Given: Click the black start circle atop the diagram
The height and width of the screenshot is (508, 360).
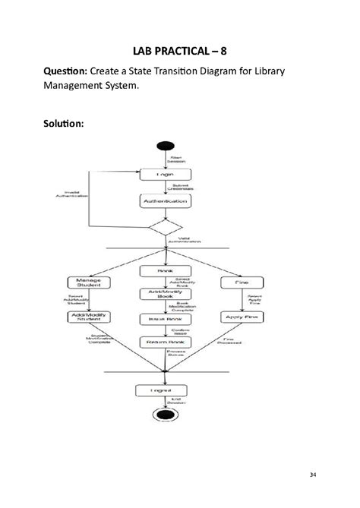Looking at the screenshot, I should [x=165, y=147].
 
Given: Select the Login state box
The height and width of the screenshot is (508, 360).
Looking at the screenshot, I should [x=165, y=174].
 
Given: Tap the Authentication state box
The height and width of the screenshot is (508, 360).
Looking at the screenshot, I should [x=165, y=201].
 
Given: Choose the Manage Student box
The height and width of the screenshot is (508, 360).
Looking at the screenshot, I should [x=90, y=282].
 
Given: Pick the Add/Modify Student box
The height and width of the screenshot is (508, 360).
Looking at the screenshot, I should [x=90, y=317].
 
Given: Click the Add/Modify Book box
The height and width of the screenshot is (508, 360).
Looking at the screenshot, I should [x=165, y=294].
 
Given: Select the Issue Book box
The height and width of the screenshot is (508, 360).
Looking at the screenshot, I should [x=165, y=320].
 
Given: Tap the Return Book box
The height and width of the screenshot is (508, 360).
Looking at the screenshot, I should [x=165, y=342].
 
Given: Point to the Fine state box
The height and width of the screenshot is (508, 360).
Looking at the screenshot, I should [x=241, y=282].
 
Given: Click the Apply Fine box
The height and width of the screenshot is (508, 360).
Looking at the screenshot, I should [x=241, y=317].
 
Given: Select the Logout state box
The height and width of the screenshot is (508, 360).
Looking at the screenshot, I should [x=165, y=390].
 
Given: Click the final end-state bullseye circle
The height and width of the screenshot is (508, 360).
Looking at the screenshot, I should [x=165, y=415].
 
